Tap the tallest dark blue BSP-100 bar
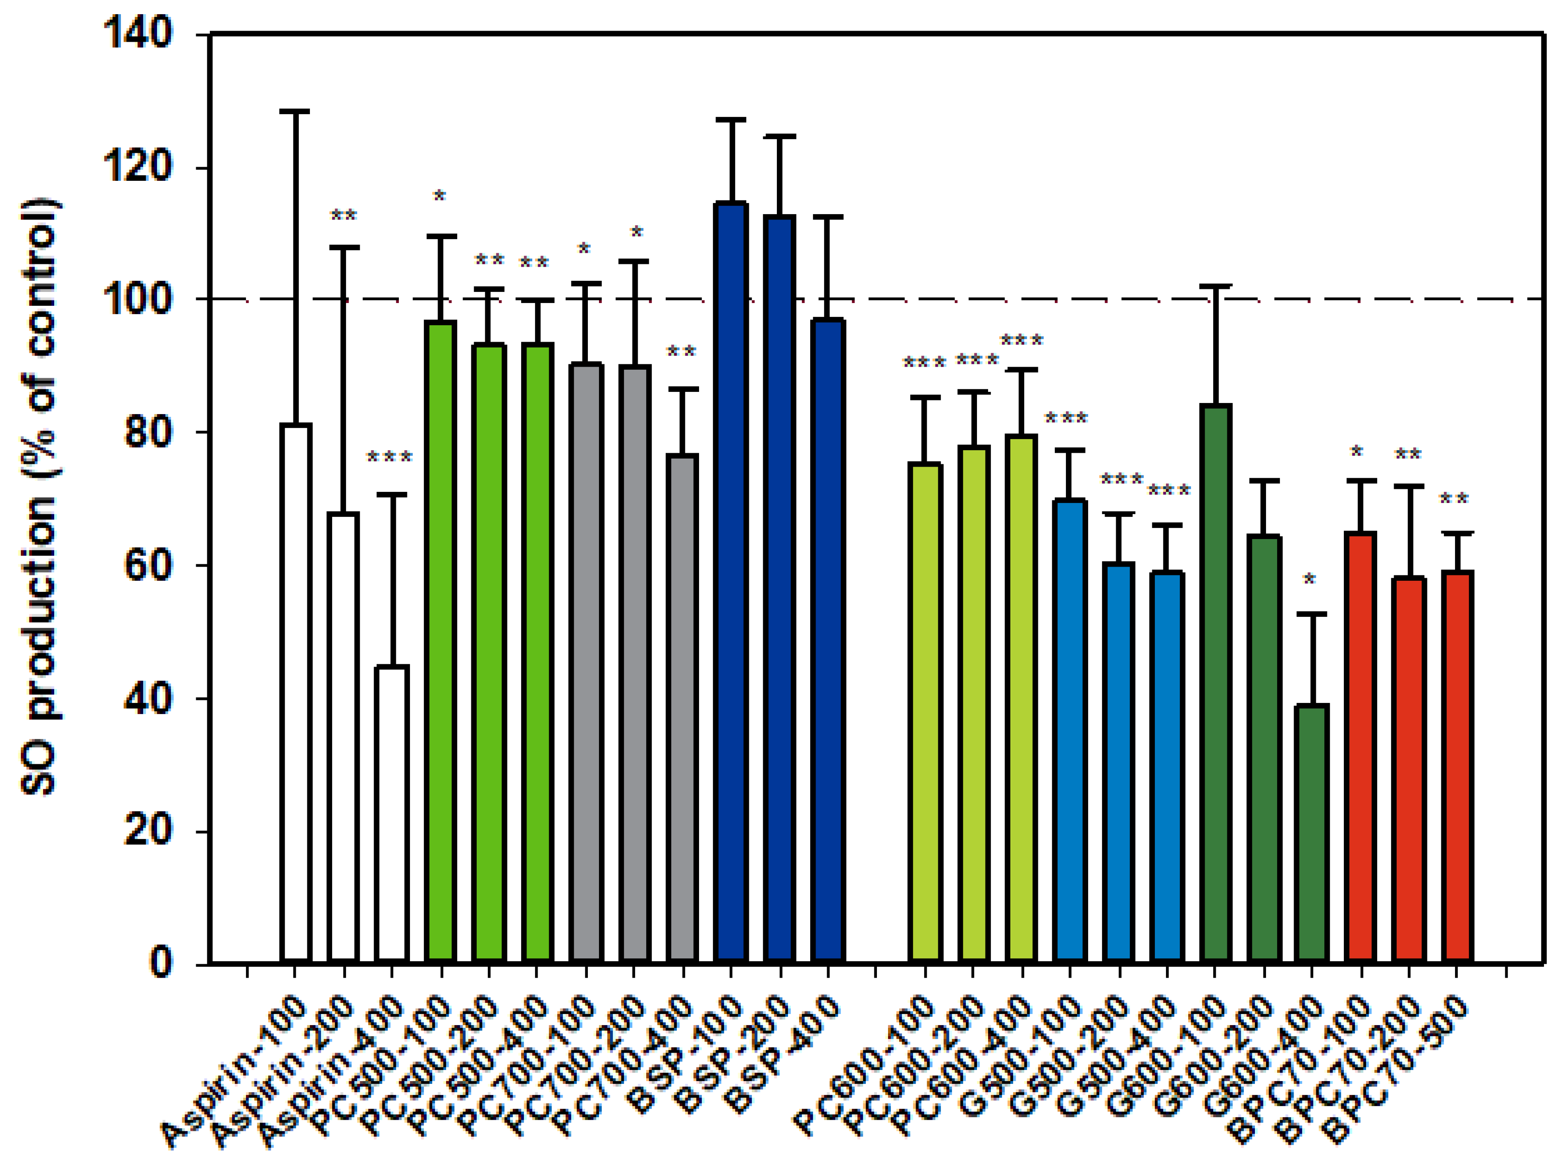pos(731,582)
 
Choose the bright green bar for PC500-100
pos(440,641)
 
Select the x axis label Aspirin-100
pos(235,1073)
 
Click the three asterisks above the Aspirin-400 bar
pos(389,458)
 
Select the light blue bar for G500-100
pos(1069,729)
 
